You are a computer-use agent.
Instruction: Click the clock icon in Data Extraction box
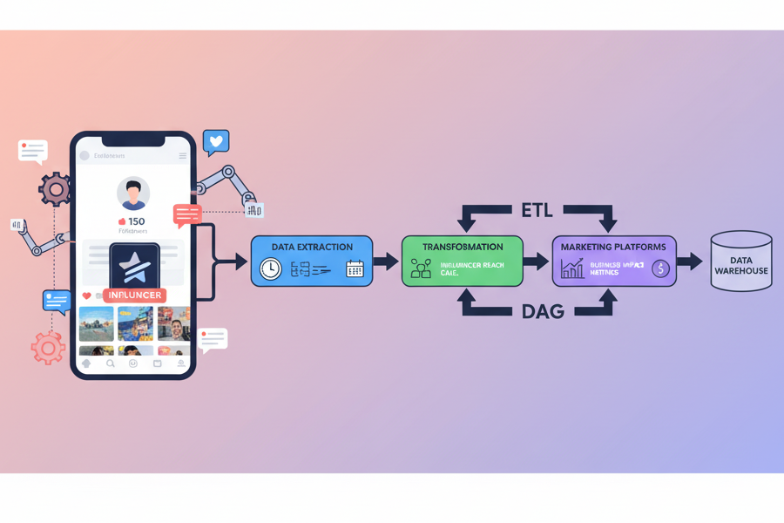(271, 269)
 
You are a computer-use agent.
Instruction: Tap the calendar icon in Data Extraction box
(355, 269)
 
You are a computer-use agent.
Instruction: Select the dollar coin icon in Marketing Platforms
(660, 269)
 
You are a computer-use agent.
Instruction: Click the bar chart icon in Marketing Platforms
(572, 268)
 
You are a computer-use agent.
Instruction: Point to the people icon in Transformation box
(421, 269)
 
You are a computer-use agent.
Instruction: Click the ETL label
(537, 211)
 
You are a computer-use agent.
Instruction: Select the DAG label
(542, 311)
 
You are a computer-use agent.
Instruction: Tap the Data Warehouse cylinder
(741, 261)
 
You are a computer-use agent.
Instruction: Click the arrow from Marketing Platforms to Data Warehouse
(689, 261)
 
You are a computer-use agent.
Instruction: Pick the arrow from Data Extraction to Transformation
(386, 261)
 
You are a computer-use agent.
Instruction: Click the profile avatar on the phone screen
(133, 194)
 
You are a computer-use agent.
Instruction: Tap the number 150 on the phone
(136, 221)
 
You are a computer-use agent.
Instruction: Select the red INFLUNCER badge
(135, 295)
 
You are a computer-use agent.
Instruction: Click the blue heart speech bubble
(216, 141)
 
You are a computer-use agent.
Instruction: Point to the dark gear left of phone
(55, 188)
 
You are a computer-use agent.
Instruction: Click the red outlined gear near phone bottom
(48, 348)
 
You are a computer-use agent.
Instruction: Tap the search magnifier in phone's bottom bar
(111, 363)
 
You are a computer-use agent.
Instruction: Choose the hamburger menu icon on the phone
(183, 156)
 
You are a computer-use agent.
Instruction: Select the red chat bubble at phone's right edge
(187, 214)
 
